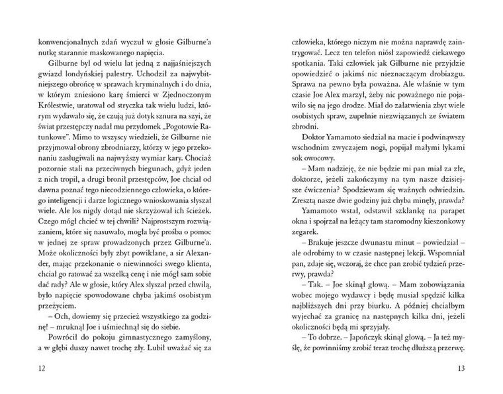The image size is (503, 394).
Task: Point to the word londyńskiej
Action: [x=111, y=76]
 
